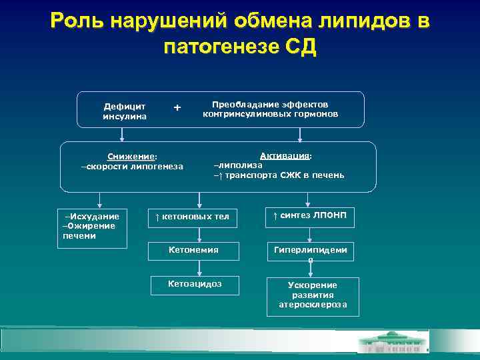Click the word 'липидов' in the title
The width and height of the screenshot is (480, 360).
click(359, 21)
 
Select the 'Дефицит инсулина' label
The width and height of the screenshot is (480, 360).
click(121, 111)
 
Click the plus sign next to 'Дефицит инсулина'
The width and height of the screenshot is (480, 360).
click(177, 107)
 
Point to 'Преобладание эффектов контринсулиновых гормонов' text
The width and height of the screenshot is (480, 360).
click(270, 109)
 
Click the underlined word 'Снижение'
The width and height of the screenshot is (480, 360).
click(127, 156)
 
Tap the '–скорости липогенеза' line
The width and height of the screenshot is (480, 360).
click(131, 166)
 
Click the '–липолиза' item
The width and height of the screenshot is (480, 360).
click(238, 164)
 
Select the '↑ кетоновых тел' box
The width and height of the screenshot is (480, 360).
click(192, 217)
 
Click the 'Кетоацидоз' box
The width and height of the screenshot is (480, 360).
click(195, 284)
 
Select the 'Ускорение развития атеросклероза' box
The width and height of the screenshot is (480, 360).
click(311, 295)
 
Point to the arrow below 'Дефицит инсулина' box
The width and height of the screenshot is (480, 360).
click(121, 134)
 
